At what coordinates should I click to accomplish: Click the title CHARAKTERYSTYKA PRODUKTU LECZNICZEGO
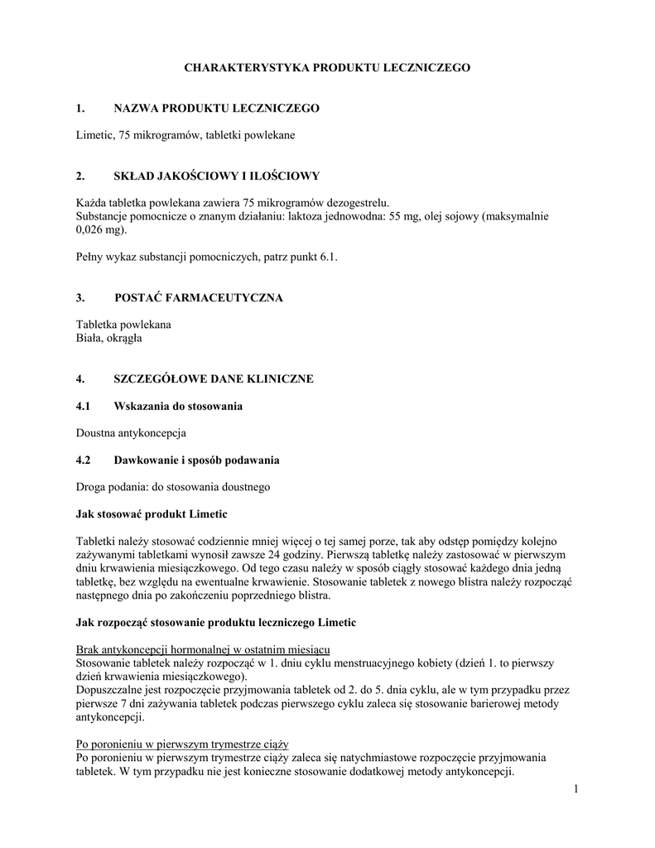click(x=327, y=67)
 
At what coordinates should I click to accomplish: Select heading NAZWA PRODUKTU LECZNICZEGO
click(x=216, y=108)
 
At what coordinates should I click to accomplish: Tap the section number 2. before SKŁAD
click(x=80, y=176)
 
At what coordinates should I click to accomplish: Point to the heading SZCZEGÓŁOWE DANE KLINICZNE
click(x=213, y=378)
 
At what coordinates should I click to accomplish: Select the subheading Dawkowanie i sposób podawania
click(x=196, y=460)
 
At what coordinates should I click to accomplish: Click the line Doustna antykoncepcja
click(x=131, y=432)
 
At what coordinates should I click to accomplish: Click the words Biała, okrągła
click(x=109, y=338)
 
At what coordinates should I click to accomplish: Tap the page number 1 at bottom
click(x=574, y=788)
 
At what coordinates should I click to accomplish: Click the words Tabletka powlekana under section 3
click(x=123, y=325)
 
